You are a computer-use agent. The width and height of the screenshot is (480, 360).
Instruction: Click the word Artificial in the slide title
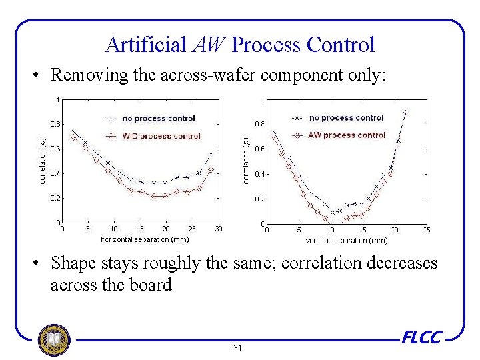coord(145,45)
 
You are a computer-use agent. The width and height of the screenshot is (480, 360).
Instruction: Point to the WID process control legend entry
coord(161,136)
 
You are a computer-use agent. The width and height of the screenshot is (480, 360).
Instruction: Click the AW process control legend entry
coord(347,135)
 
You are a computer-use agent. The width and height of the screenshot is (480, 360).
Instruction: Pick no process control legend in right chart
coord(346,118)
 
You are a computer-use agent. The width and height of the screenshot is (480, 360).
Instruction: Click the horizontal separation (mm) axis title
coord(145,239)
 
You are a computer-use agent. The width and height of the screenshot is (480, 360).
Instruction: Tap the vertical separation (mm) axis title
coord(346,239)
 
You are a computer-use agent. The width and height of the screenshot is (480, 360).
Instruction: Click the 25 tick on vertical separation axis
coord(427,230)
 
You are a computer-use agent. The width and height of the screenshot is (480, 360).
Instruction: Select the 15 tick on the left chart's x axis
coord(141,229)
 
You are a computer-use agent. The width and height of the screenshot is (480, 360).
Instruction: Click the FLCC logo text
coord(421,337)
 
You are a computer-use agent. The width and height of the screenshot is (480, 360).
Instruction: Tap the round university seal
coord(54,339)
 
